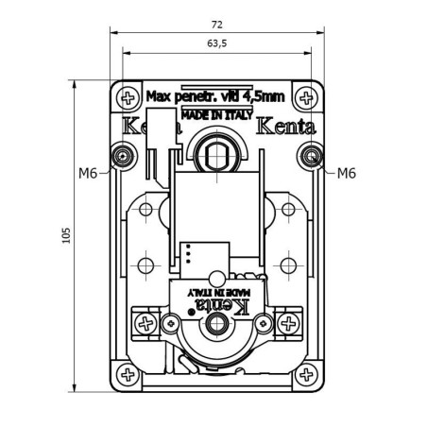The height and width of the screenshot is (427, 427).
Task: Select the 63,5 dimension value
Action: [x=216, y=43]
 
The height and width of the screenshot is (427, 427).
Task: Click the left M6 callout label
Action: [x=88, y=173]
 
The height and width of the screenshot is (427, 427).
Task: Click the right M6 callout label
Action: [x=346, y=173]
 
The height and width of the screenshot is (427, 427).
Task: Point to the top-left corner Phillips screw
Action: [x=127, y=96]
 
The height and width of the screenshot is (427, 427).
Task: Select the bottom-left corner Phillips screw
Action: [x=127, y=374]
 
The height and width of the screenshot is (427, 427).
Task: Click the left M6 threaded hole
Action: [x=122, y=154]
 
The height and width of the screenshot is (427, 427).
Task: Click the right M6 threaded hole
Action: [x=310, y=154]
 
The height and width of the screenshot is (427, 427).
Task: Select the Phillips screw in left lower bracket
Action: [x=145, y=324]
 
